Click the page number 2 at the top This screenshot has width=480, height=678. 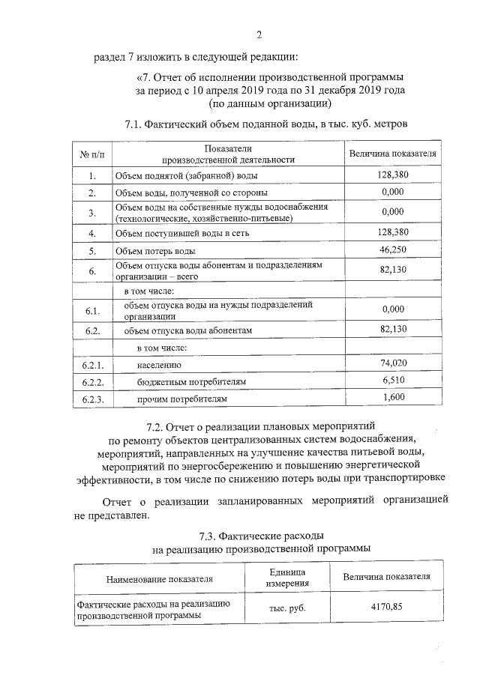tap(259, 34)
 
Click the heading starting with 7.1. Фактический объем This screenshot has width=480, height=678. tap(266, 124)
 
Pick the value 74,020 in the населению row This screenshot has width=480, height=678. tap(393, 363)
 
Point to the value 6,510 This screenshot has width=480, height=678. tap(393, 381)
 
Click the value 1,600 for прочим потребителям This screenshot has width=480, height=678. tap(393, 397)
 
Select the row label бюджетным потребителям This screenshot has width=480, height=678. tap(190, 382)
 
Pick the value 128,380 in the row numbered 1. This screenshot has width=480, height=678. tap(393, 174)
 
